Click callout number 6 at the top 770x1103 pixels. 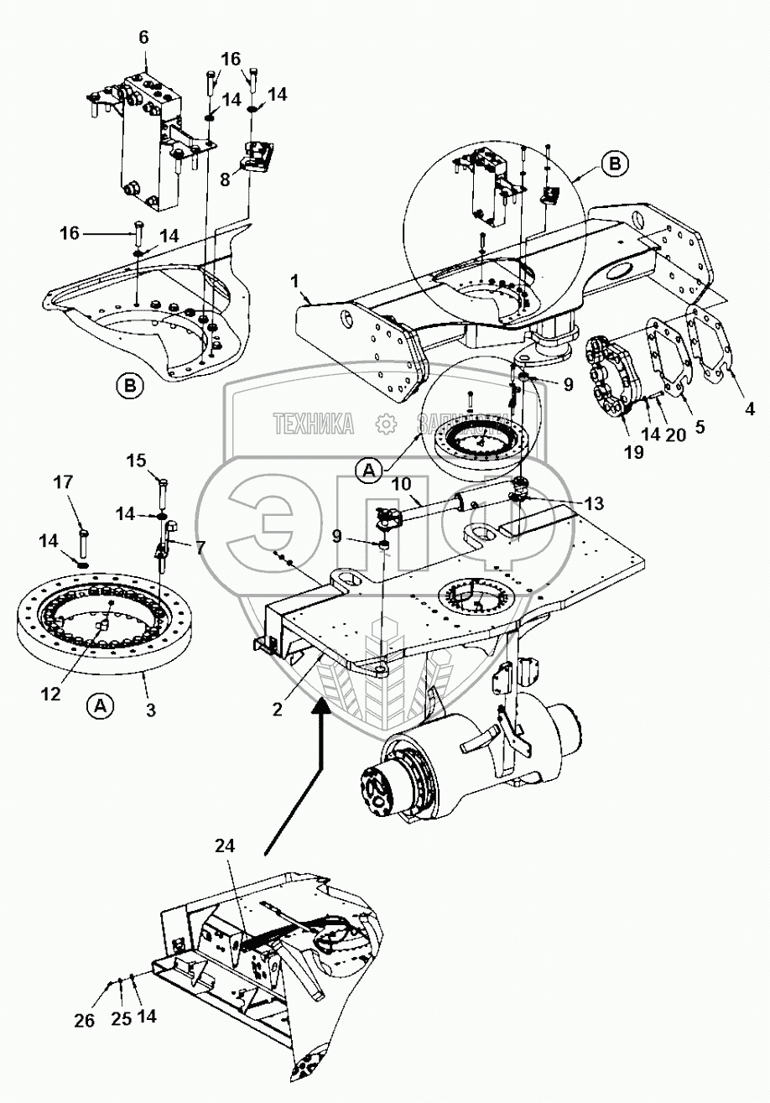click(x=143, y=39)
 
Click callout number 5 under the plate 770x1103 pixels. click(x=700, y=425)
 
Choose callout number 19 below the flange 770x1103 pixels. click(x=633, y=452)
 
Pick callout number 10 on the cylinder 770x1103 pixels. click(x=401, y=484)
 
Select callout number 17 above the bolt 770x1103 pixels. click(x=87, y=483)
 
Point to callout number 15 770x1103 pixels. click(x=137, y=460)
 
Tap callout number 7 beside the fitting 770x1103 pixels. click(x=200, y=547)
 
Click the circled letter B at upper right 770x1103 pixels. click(x=614, y=165)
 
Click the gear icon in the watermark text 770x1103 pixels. click(x=387, y=424)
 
